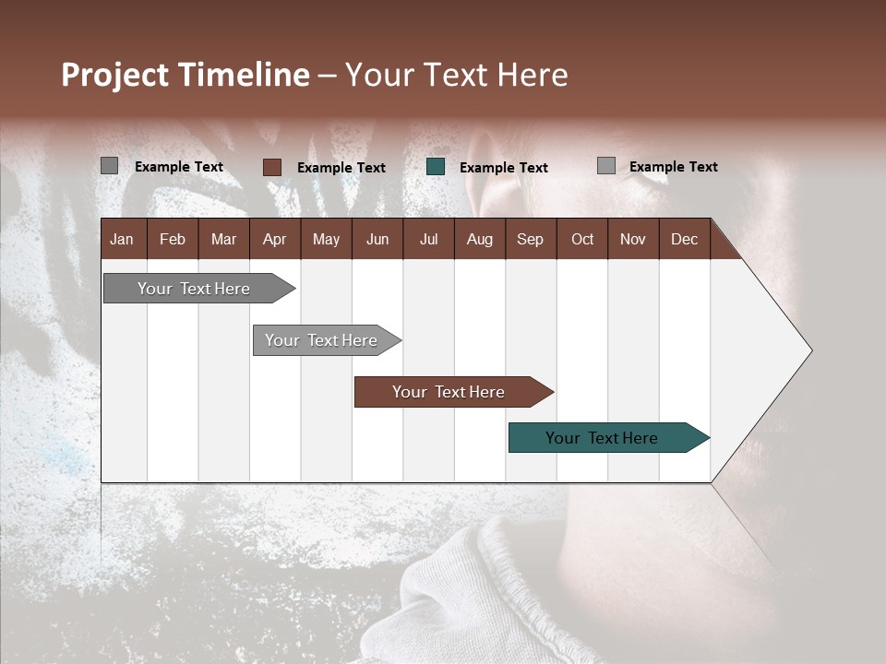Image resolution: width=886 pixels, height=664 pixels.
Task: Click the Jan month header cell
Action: (123, 239)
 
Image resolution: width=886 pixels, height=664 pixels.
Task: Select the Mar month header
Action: (223, 239)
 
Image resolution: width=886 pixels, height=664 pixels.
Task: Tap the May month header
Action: (326, 239)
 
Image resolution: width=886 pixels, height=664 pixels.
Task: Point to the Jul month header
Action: (428, 239)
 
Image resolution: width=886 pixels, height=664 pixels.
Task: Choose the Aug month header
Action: (479, 239)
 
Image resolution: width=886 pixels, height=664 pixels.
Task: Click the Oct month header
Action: (582, 239)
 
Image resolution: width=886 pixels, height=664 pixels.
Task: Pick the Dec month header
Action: (684, 239)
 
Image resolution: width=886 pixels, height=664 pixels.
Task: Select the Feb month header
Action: (173, 239)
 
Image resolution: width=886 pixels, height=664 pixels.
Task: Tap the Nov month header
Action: (633, 239)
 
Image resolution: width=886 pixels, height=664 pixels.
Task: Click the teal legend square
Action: (436, 167)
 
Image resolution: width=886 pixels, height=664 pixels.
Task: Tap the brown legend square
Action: (272, 167)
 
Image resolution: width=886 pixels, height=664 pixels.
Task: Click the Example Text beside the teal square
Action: (504, 168)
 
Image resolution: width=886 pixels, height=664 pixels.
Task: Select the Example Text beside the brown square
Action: (341, 168)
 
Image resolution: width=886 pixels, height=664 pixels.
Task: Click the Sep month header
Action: (530, 239)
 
